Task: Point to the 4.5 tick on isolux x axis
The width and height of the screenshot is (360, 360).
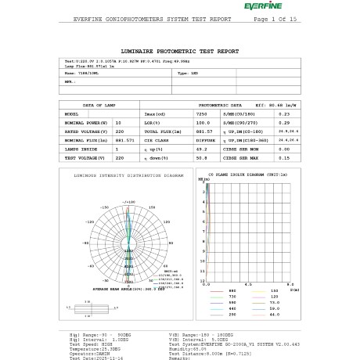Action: click(248, 285)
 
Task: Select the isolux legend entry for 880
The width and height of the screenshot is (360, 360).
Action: click(232, 291)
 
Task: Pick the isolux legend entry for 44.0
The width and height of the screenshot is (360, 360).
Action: click(276, 313)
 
